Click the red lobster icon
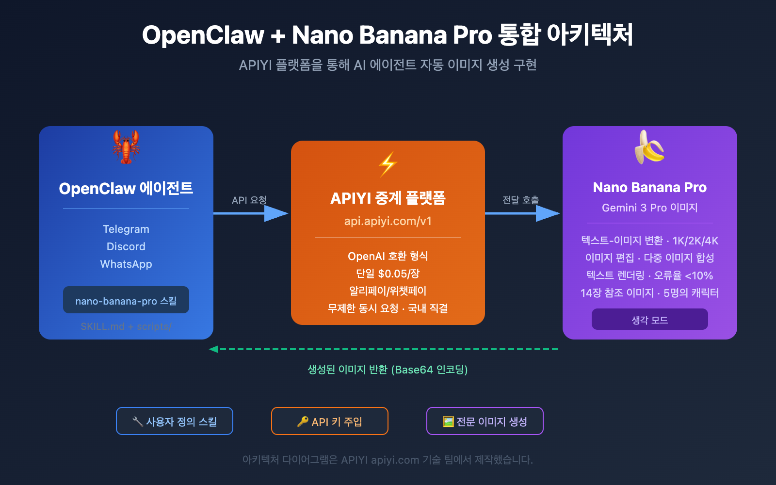tap(126, 146)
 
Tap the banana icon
tap(649, 147)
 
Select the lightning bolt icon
tap(388, 164)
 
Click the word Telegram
tap(126, 229)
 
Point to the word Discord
tap(126, 246)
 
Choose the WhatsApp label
tap(126, 264)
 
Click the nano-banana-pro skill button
tap(126, 300)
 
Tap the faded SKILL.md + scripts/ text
tap(126, 326)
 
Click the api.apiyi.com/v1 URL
tap(388, 221)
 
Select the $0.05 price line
tap(388, 274)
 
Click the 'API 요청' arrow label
tap(249, 200)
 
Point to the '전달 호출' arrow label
tap(520, 200)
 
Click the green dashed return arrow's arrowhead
tap(213, 349)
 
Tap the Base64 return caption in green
tap(388, 370)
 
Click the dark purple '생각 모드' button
tap(649, 320)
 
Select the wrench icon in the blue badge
tap(138, 421)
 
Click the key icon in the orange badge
tap(303, 421)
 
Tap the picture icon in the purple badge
tap(448, 421)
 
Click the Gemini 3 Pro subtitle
tap(649, 208)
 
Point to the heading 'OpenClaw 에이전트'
tap(126, 188)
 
